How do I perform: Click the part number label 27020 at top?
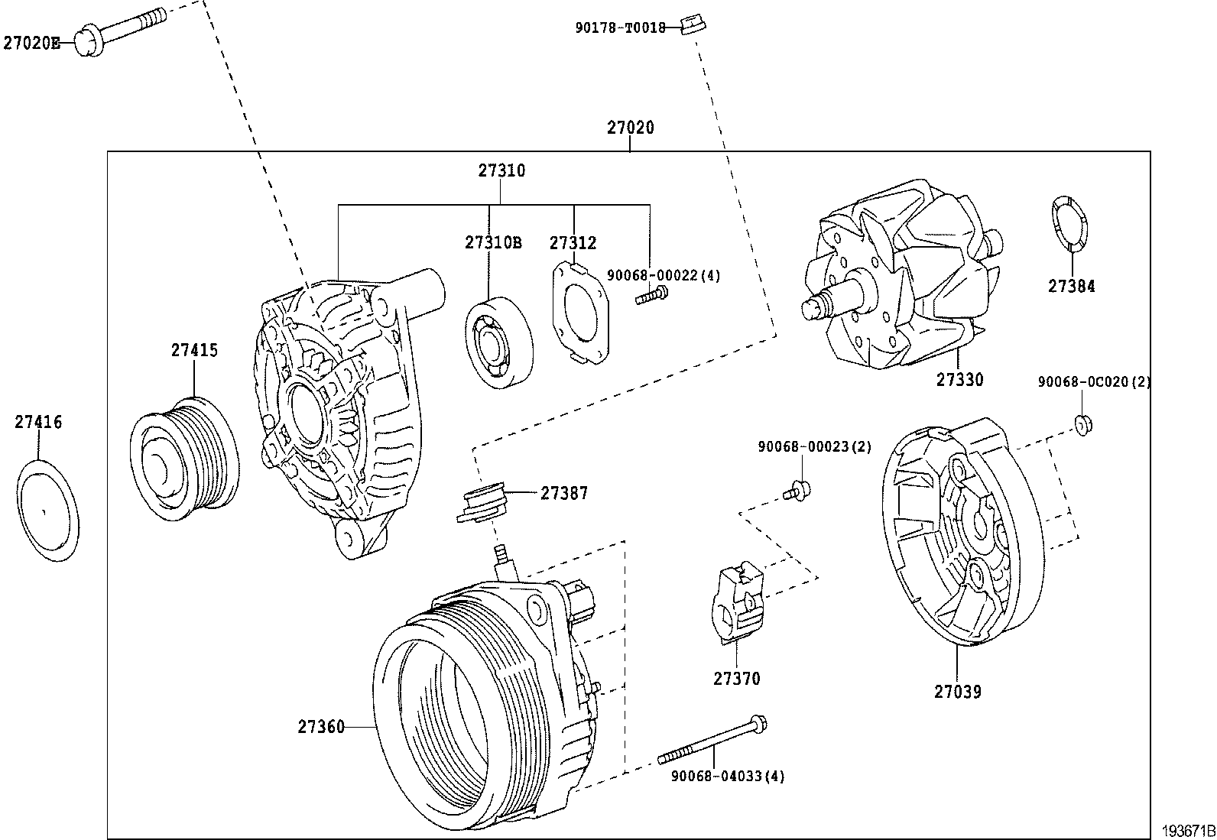point(631,128)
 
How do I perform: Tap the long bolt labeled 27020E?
point(122,30)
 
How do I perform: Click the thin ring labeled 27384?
point(1070,224)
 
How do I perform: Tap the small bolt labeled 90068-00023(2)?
point(798,488)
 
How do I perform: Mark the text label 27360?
point(321,727)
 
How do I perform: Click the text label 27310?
point(501,170)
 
